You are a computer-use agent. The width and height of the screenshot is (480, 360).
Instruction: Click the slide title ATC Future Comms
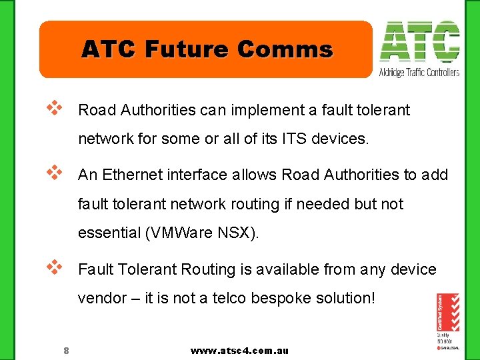click(x=207, y=49)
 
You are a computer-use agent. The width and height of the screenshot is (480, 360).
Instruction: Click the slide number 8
click(x=66, y=351)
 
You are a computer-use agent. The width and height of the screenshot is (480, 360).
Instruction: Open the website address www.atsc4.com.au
click(x=239, y=351)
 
